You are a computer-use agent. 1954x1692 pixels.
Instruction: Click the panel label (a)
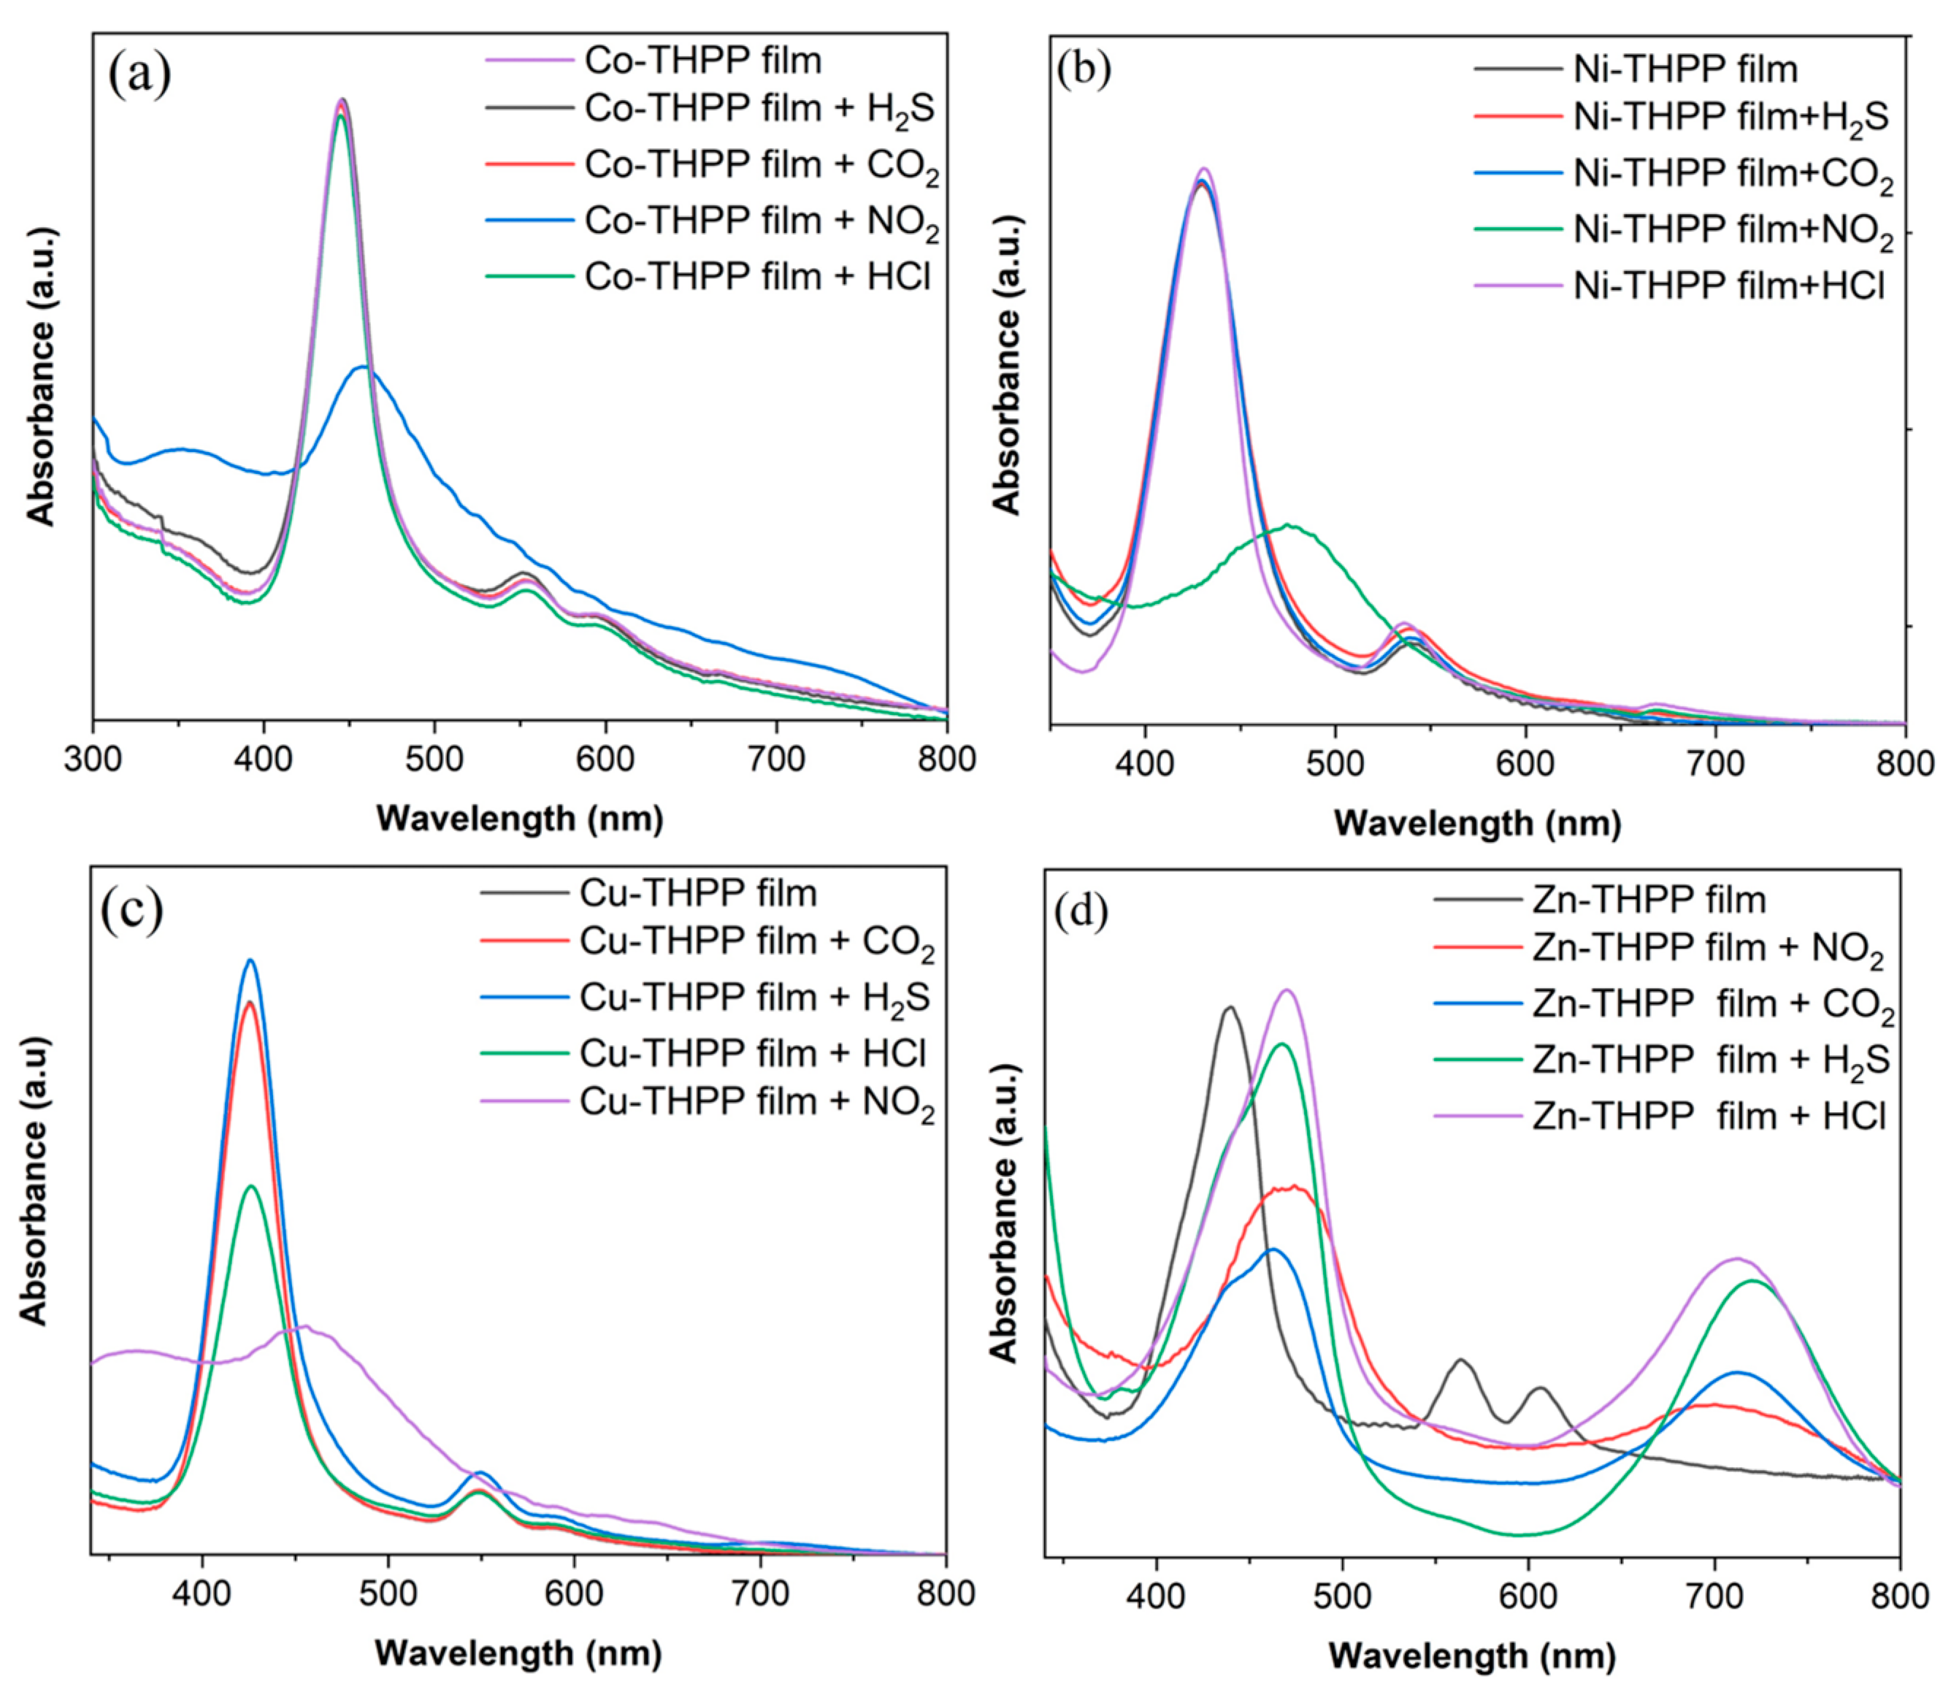[x=139, y=75]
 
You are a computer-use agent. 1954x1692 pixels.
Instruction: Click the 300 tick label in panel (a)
[x=93, y=759]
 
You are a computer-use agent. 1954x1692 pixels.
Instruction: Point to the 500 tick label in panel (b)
[x=1335, y=764]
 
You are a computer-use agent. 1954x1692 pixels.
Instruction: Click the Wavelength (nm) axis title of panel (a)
[x=519, y=818]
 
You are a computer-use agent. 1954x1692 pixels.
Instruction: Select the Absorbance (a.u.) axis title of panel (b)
[x=1008, y=364]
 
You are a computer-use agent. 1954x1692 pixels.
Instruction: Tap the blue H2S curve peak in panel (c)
[x=251, y=960]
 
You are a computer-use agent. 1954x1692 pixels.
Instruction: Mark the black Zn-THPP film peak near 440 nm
[x=1229, y=1008]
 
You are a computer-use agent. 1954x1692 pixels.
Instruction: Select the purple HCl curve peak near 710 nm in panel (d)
[x=1735, y=1259]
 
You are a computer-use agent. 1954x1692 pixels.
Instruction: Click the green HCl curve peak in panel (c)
[x=251, y=1186]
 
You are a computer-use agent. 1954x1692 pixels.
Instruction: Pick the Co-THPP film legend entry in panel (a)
[x=702, y=61]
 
